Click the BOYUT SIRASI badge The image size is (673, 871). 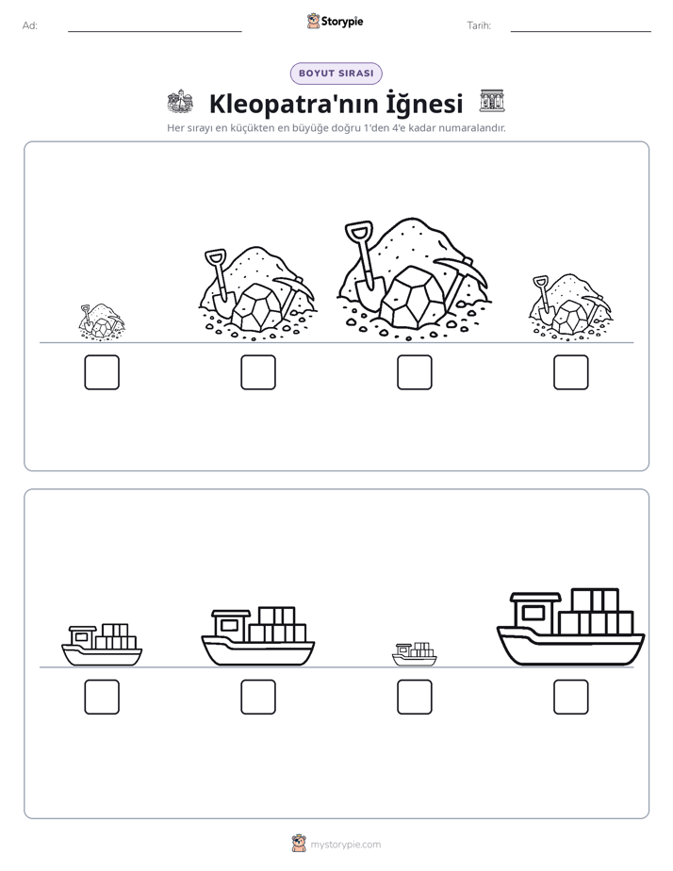[336, 74]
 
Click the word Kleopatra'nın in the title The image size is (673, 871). [281, 104]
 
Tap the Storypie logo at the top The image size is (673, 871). [336, 21]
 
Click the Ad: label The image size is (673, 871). [30, 25]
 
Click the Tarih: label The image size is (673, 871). [479, 25]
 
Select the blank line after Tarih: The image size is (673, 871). [581, 31]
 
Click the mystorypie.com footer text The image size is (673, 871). [345, 845]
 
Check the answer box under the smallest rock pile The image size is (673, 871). [102, 372]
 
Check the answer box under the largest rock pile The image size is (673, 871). [415, 372]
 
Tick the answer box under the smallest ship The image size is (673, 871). [415, 697]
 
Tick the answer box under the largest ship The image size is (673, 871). [571, 697]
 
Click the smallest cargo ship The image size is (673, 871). [414, 654]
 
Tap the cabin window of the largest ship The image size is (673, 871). [533, 613]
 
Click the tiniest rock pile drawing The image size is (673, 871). [102, 321]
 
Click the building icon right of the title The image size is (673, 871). [492, 101]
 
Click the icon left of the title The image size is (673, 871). [180, 101]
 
